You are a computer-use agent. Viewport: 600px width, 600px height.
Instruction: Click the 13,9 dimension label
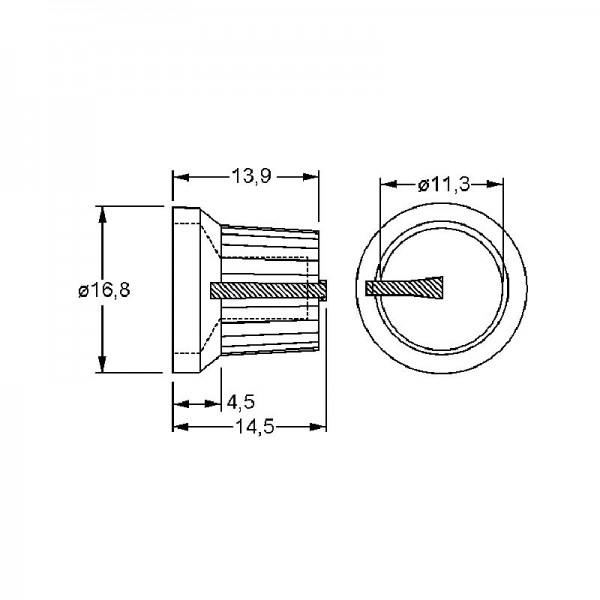coord(251,176)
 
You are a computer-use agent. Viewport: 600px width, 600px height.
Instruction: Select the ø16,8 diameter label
coord(104,290)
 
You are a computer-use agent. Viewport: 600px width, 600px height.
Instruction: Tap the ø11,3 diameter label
coord(443,185)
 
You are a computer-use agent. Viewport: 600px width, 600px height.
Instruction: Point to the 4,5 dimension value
coord(241,402)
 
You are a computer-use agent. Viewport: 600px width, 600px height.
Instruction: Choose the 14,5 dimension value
coord(254,426)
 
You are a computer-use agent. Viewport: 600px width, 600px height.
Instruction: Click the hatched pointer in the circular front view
coord(404,287)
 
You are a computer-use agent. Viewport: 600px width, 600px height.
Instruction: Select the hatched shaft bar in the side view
coord(268,290)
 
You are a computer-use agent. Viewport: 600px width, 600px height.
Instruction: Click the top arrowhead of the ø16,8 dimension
coord(102,214)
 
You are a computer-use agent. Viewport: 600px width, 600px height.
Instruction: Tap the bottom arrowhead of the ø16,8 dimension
coord(102,364)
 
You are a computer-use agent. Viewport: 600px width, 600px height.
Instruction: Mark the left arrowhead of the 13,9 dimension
coord(181,177)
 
